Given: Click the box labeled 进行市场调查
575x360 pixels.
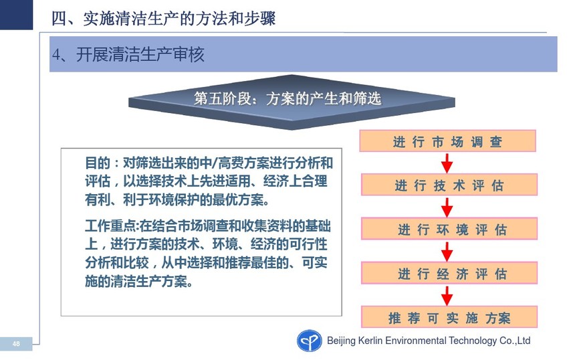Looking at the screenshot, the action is click(x=447, y=141).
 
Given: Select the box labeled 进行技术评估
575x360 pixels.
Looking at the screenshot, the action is click(x=449, y=185).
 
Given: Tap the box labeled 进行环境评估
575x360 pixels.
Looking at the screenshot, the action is click(x=449, y=229).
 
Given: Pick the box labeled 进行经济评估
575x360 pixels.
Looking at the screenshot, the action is click(x=449, y=272).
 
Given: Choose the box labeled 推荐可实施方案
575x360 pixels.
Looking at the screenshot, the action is click(x=449, y=317).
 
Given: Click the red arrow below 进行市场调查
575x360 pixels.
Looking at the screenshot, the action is click(x=447, y=163).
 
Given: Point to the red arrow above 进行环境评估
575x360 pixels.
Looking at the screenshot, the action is click(x=447, y=207).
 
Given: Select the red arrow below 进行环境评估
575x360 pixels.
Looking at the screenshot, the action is click(x=447, y=251).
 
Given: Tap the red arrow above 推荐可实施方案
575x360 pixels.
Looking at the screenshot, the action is click(x=447, y=295).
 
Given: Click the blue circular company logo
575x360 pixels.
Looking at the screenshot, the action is click(x=309, y=341).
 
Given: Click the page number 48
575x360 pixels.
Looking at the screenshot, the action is click(x=16, y=344).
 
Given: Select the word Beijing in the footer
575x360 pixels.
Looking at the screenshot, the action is click(x=342, y=341).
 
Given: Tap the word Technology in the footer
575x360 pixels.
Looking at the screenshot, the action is click(x=473, y=341).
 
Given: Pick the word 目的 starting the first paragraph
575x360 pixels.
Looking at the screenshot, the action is click(x=98, y=163).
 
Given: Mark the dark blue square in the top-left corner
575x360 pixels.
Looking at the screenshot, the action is click(x=16, y=15).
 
